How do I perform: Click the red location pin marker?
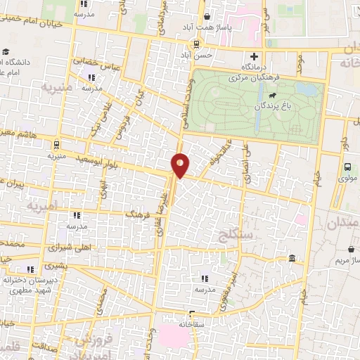(180, 165)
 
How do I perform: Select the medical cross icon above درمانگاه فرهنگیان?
(255, 56)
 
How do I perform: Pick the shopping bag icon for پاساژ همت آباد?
(207, 18)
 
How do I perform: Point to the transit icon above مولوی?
(347, 167)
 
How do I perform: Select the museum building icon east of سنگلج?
(292, 259)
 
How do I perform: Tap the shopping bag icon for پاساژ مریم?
(352, 249)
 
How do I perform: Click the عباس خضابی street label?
(90, 62)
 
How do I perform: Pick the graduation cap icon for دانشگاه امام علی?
(6, 52)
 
